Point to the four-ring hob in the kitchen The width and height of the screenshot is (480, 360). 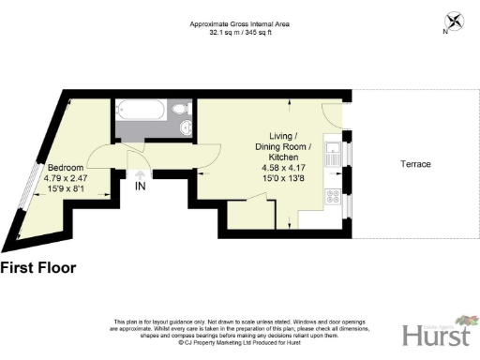[331, 197]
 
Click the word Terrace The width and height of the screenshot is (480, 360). [415, 164]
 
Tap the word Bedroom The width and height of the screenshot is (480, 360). [66, 168]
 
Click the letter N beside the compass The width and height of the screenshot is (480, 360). [443, 32]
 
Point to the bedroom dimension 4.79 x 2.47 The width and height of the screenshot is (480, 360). [67, 179]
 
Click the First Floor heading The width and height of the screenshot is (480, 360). [38, 268]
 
